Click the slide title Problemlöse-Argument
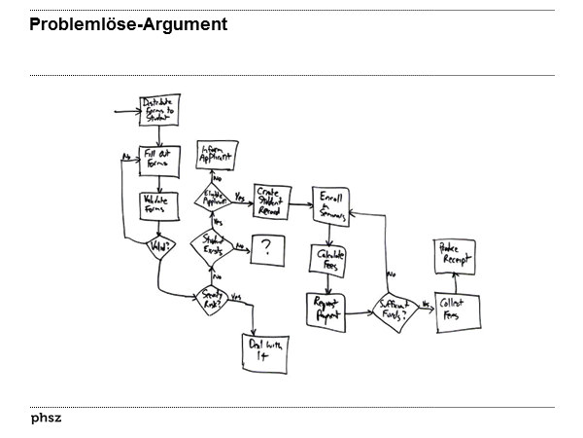tap(128, 24)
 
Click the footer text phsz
tap(46, 419)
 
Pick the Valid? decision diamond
tap(157, 248)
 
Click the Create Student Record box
tap(271, 199)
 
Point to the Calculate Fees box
tap(331, 259)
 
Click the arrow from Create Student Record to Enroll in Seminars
tap(300, 199)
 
